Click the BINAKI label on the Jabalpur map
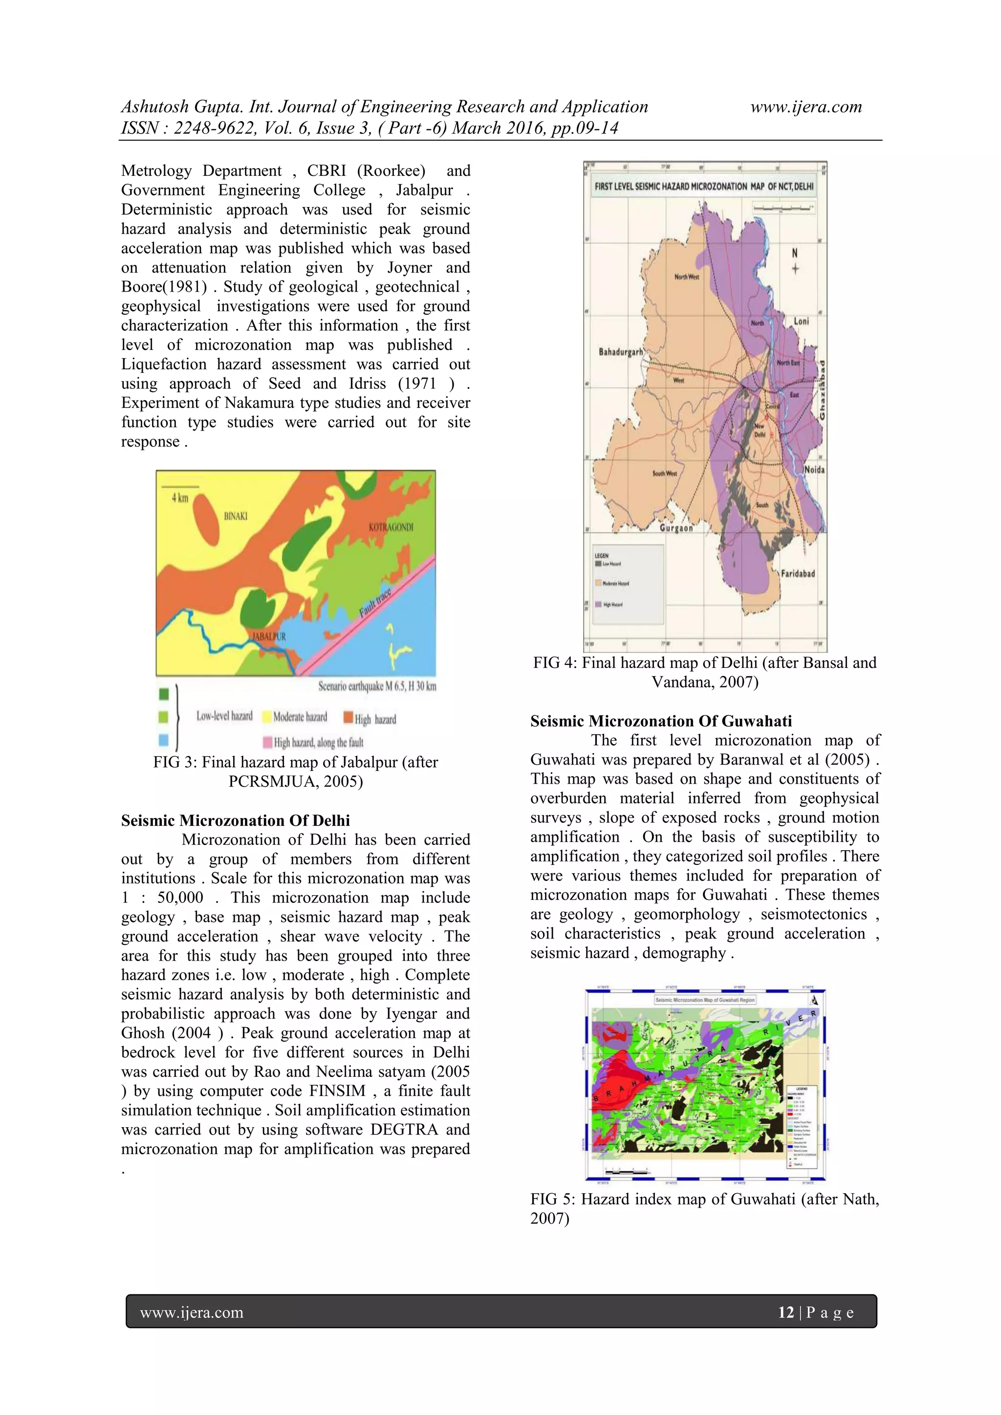pos(236,516)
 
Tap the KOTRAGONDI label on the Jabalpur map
pos(391,527)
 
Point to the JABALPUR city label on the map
pos(269,636)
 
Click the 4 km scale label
pos(179,498)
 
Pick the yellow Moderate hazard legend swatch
pos(266,717)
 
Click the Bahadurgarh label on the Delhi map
pos(621,352)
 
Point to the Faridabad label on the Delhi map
pos(798,573)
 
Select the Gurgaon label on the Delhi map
pos(676,528)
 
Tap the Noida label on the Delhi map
pos(814,470)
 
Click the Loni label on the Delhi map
pos(801,321)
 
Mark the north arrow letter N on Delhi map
pos(795,253)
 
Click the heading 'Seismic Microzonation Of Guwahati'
pos(661,721)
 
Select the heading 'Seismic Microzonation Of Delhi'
pos(236,820)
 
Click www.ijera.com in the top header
pos(805,107)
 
